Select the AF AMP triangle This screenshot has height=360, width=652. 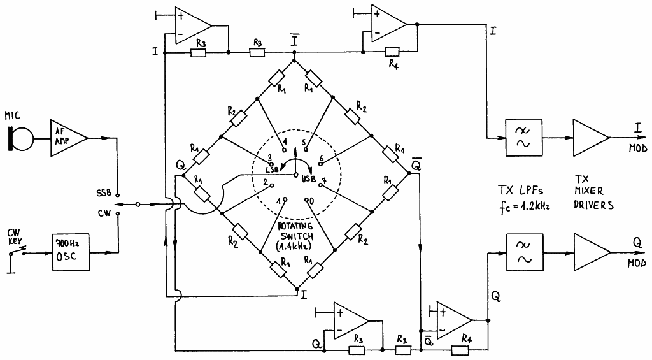coord(67,138)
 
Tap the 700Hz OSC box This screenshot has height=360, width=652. coord(71,252)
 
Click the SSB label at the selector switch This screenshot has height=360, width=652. coord(104,193)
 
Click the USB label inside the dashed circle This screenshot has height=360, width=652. coord(309,180)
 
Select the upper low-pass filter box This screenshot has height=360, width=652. coord(523,138)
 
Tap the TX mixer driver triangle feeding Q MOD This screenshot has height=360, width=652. coord(592,252)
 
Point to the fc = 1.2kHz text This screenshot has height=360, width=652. coord(525,206)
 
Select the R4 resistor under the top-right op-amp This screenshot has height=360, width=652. coord(392,52)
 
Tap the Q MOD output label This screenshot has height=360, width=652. coord(637,252)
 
